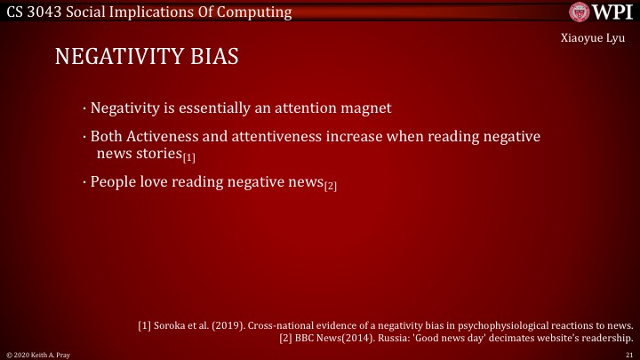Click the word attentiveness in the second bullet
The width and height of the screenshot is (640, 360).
pyautogui.click(x=288, y=139)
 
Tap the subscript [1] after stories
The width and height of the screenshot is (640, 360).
pyautogui.click(x=188, y=158)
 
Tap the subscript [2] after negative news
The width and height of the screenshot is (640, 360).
pyautogui.click(x=331, y=186)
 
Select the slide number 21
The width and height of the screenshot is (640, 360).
pyautogui.click(x=628, y=354)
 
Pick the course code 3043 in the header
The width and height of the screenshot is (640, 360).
pyautogui.click(x=43, y=12)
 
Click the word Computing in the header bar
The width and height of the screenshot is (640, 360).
pyautogui.click(x=259, y=12)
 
